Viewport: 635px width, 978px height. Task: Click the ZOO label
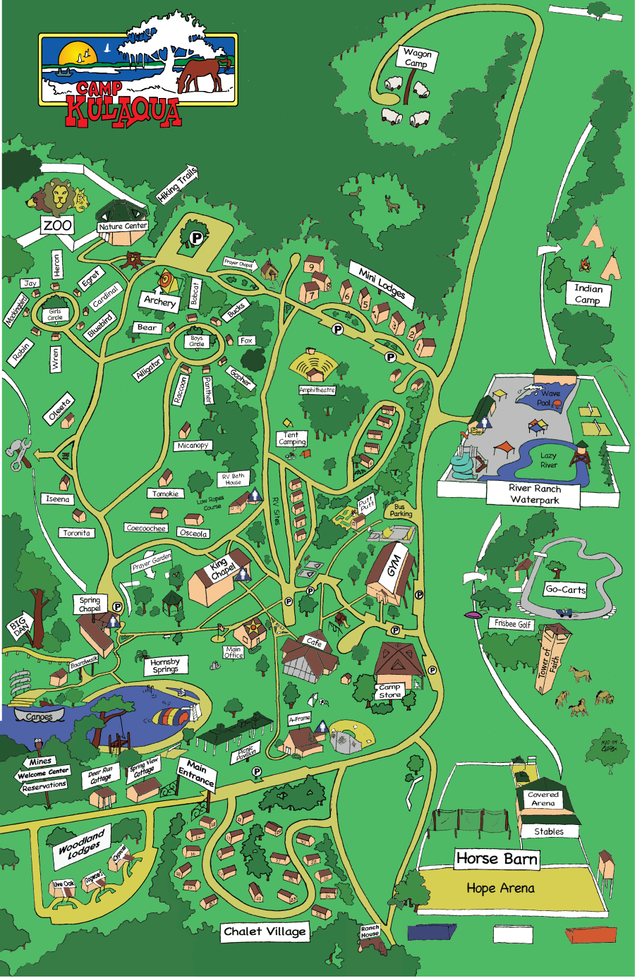point(57,225)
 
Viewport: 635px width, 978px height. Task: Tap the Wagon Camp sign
point(416,58)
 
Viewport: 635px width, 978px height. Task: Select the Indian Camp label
point(588,293)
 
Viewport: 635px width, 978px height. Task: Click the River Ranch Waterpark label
point(534,494)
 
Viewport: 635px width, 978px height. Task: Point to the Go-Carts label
point(565,589)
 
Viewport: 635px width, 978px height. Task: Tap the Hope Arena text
point(500,888)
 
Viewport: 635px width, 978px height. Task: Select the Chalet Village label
point(265,931)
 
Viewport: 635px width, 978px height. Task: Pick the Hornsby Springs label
point(165,666)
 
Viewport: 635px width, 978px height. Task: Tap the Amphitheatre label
point(317,390)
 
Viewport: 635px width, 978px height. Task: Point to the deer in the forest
point(393,204)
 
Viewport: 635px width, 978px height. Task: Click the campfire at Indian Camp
point(585,265)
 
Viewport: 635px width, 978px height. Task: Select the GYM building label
point(394,565)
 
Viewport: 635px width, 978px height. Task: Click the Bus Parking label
point(401,510)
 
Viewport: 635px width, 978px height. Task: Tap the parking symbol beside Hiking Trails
point(196,238)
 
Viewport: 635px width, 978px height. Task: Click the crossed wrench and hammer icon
point(18,453)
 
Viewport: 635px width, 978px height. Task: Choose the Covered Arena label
point(543,798)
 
